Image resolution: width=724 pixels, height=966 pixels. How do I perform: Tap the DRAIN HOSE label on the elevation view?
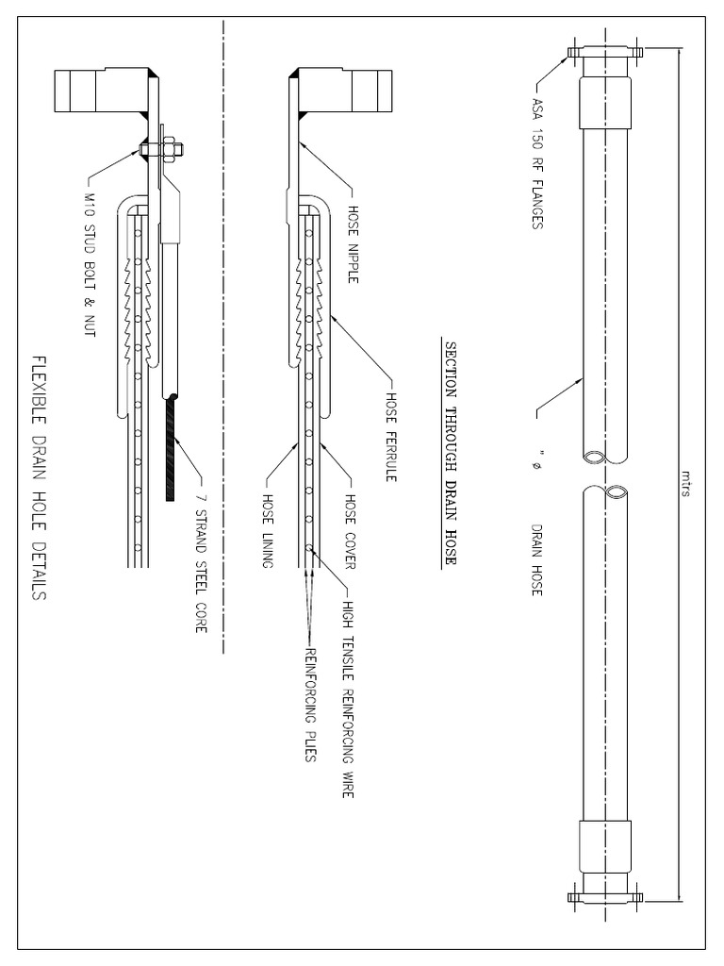[538, 559]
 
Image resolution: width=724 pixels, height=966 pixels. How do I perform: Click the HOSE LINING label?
[268, 529]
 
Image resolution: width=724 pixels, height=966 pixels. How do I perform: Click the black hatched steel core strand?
[171, 449]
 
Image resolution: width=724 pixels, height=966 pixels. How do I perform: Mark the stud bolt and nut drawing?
[159, 148]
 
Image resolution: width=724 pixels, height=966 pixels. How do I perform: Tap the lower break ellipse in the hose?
[615, 492]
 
